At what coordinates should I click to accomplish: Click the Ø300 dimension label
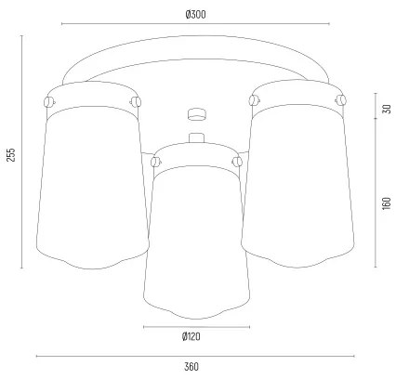coord(194,14)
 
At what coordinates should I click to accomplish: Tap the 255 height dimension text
coord(10,153)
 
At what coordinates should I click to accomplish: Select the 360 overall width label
coord(191,367)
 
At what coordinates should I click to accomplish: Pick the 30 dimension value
coord(386,110)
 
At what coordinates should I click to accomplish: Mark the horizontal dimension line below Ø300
coord(194,24)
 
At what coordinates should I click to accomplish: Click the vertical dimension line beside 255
coord(21,153)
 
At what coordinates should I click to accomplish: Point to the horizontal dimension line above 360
coord(191,355)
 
